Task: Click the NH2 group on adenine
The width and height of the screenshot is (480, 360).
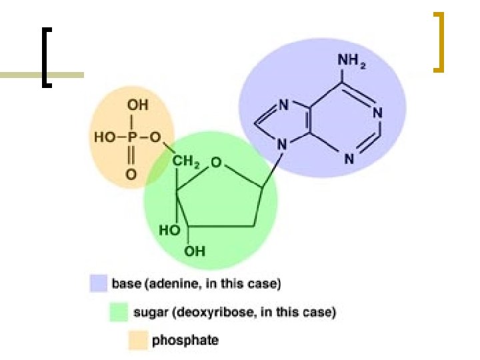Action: click(x=351, y=61)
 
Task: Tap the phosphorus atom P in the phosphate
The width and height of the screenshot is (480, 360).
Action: click(x=133, y=138)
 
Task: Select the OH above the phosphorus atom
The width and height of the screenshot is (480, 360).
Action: click(x=137, y=105)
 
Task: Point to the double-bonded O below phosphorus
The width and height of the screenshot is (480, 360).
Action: click(x=131, y=175)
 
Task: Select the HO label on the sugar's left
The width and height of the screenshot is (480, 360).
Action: click(x=169, y=230)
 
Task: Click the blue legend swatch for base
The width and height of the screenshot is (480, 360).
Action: click(x=99, y=284)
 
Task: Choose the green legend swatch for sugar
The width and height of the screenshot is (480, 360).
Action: click(x=119, y=312)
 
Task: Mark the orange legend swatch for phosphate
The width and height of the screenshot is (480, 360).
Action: click(x=139, y=340)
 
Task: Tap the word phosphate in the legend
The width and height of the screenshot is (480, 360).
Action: click(x=185, y=340)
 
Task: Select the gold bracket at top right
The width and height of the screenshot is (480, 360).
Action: click(x=438, y=41)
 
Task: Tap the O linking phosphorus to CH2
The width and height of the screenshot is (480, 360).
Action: click(x=155, y=138)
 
